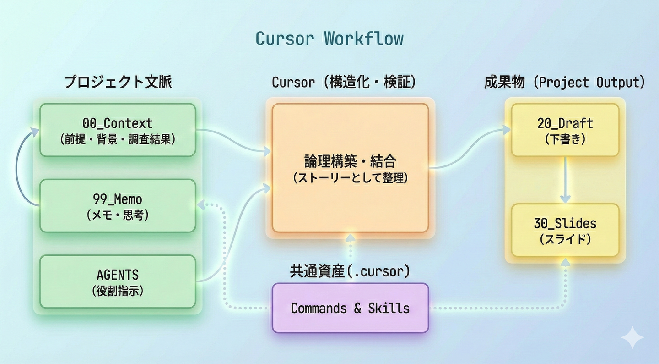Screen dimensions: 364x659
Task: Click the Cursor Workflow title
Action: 329,39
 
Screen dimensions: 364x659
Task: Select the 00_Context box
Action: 118,130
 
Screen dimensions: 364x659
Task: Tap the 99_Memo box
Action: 118,206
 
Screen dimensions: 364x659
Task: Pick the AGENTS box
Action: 118,281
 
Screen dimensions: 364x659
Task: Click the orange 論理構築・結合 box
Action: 350,168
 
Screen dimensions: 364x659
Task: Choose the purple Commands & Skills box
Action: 350,308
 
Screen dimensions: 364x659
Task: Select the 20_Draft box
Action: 565,130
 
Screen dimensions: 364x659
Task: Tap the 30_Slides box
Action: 565,230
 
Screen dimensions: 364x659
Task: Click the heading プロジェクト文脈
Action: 118,83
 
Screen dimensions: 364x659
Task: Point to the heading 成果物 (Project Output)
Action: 565,83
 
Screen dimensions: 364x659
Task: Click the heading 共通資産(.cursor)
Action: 350,271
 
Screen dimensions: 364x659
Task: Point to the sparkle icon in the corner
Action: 632,338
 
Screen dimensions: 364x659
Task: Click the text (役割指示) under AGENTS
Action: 118,291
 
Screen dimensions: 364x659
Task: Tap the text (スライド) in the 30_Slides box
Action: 565,239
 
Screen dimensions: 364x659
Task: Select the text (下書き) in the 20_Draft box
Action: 565,139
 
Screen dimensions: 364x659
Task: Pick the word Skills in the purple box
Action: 389,308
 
